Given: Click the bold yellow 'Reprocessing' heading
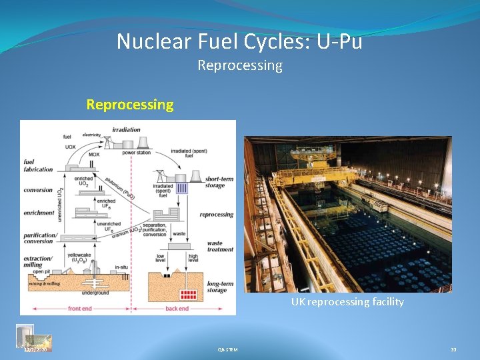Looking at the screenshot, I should coord(130,105).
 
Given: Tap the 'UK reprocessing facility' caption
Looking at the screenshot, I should coord(347,302).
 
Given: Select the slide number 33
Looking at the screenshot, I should coord(453,349).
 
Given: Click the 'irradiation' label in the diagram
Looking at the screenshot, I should coord(126,129).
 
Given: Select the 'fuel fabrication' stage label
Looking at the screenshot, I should coord(37,165).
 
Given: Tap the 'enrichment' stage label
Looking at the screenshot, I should coord(38,213).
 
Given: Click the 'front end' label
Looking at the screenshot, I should coord(79,309).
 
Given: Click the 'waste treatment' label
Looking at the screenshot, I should coord(220,247).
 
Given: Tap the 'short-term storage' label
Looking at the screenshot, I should coord(219,182).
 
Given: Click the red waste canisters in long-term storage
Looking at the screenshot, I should coord(189,294).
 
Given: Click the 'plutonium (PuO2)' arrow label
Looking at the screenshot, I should coord(121,187).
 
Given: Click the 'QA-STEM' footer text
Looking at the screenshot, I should coord(227,349).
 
